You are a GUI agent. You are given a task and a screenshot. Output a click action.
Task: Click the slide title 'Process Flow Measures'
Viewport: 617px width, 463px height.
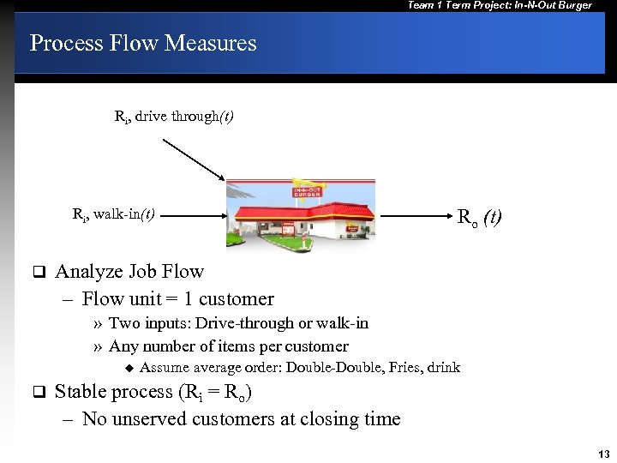143,43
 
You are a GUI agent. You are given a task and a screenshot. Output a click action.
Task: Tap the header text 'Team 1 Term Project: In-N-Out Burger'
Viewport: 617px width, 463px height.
500,6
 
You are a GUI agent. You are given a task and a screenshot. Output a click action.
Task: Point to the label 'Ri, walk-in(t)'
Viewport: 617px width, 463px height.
114,214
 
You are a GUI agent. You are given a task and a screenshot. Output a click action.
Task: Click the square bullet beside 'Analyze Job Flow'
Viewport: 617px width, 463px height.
38,273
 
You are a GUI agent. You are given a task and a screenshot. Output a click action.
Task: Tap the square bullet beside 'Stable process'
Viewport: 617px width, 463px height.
38,392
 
